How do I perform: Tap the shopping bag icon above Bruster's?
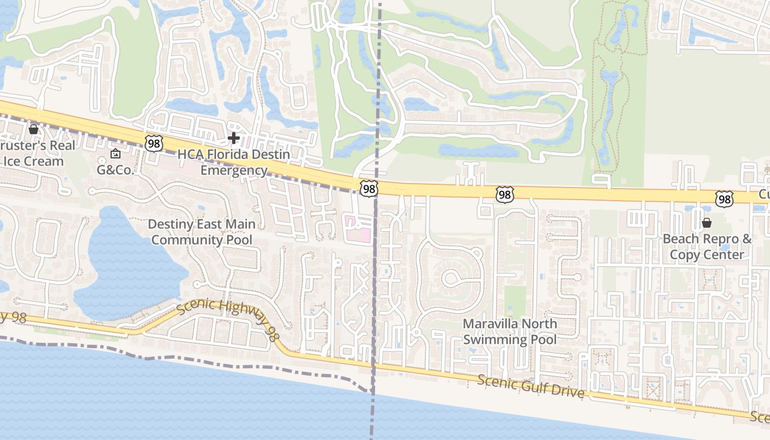coord(34,129)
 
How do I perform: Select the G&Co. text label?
coord(116,170)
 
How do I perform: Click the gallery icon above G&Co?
coord(116,154)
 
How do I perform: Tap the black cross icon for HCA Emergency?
coord(234,137)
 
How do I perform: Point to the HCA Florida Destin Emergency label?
coord(234,162)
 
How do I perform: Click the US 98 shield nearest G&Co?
coord(154,143)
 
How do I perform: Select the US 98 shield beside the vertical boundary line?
coord(369,189)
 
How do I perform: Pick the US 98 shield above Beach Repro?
coord(724,200)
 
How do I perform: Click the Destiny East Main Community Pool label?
coord(202,232)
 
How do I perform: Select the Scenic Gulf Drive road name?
coord(530,387)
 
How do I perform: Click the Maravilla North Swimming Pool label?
coord(510,332)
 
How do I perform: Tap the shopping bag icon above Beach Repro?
coord(707,223)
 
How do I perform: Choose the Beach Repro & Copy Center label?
coord(707,247)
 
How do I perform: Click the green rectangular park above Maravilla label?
coord(515,300)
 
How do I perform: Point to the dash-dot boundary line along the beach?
coord(220,363)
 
